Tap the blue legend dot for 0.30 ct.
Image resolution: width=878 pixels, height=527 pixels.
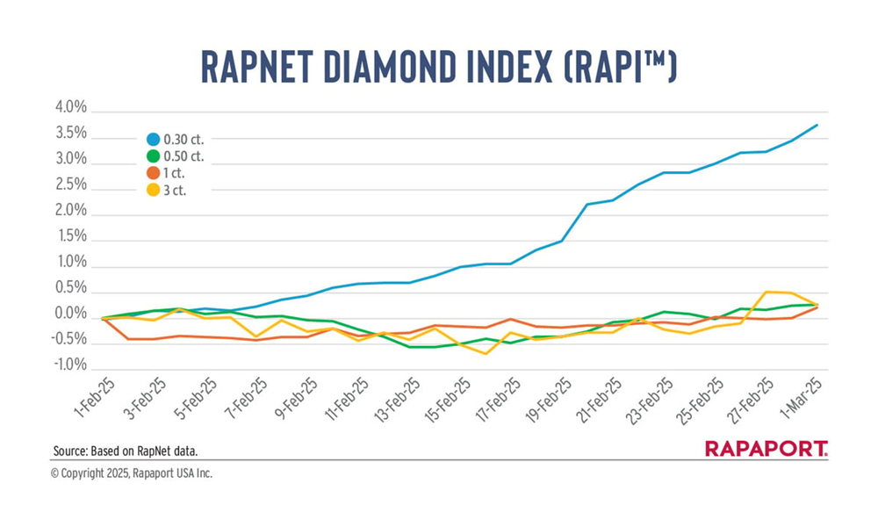[153, 139]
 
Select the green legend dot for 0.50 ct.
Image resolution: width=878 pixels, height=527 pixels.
[153, 156]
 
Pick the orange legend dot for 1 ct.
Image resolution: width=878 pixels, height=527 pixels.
[153, 173]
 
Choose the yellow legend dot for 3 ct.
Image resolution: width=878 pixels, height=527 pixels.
[153, 190]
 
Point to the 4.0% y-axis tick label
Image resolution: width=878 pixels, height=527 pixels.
[70, 109]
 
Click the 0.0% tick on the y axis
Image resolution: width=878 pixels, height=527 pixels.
[70, 314]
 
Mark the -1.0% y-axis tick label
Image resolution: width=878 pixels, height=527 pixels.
[68, 365]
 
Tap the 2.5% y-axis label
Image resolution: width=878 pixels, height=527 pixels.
[70, 185]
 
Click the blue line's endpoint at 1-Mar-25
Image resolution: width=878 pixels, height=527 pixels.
[817, 125]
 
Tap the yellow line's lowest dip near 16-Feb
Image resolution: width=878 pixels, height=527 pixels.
[486, 354]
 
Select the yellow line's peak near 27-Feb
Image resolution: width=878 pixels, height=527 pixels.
[766, 292]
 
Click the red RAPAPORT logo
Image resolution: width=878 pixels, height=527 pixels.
[766, 450]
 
